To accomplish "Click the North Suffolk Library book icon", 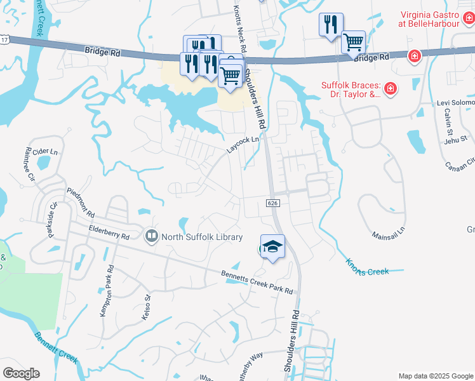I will click(x=151, y=237).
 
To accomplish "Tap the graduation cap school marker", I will click(x=272, y=246).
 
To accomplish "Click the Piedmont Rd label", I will click(x=81, y=203).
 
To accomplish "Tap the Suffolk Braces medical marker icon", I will click(x=391, y=89).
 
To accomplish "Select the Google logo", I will click(x=21, y=373).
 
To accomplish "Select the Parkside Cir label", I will click(x=51, y=217).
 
